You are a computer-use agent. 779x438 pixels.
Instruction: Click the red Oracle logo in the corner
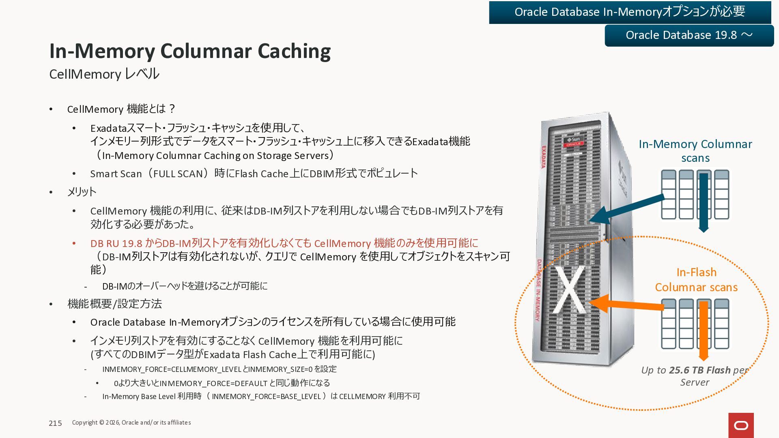[x=741, y=425]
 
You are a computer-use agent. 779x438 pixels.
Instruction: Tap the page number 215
[x=55, y=423]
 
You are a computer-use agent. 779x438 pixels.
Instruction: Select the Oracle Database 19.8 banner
[x=689, y=35]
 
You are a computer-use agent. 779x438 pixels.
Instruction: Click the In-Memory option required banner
[x=630, y=12]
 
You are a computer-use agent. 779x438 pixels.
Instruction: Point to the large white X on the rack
[x=570, y=290]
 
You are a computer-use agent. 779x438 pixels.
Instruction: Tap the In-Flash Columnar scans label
[x=696, y=279]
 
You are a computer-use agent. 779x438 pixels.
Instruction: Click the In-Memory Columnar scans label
[x=695, y=151]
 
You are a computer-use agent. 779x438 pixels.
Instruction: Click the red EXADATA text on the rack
[x=543, y=157]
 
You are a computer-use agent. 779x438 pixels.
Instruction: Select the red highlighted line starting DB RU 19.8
[x=284, y=243]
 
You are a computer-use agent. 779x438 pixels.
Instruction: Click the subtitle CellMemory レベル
[x=104, y=74]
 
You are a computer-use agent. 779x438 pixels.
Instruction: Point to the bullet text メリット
[x=82, y=191]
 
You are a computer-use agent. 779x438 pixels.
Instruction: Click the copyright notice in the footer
[x=131, y=423]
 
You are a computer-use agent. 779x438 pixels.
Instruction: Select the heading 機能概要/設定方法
[x=114, y=304]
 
